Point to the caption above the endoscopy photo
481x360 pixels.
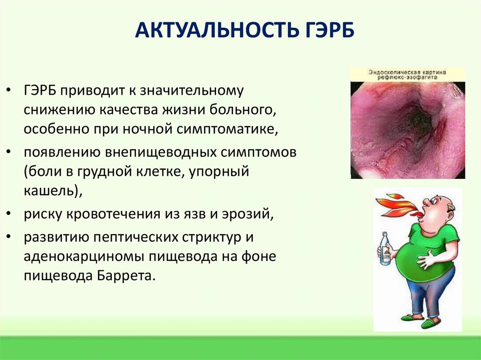[408, 76]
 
